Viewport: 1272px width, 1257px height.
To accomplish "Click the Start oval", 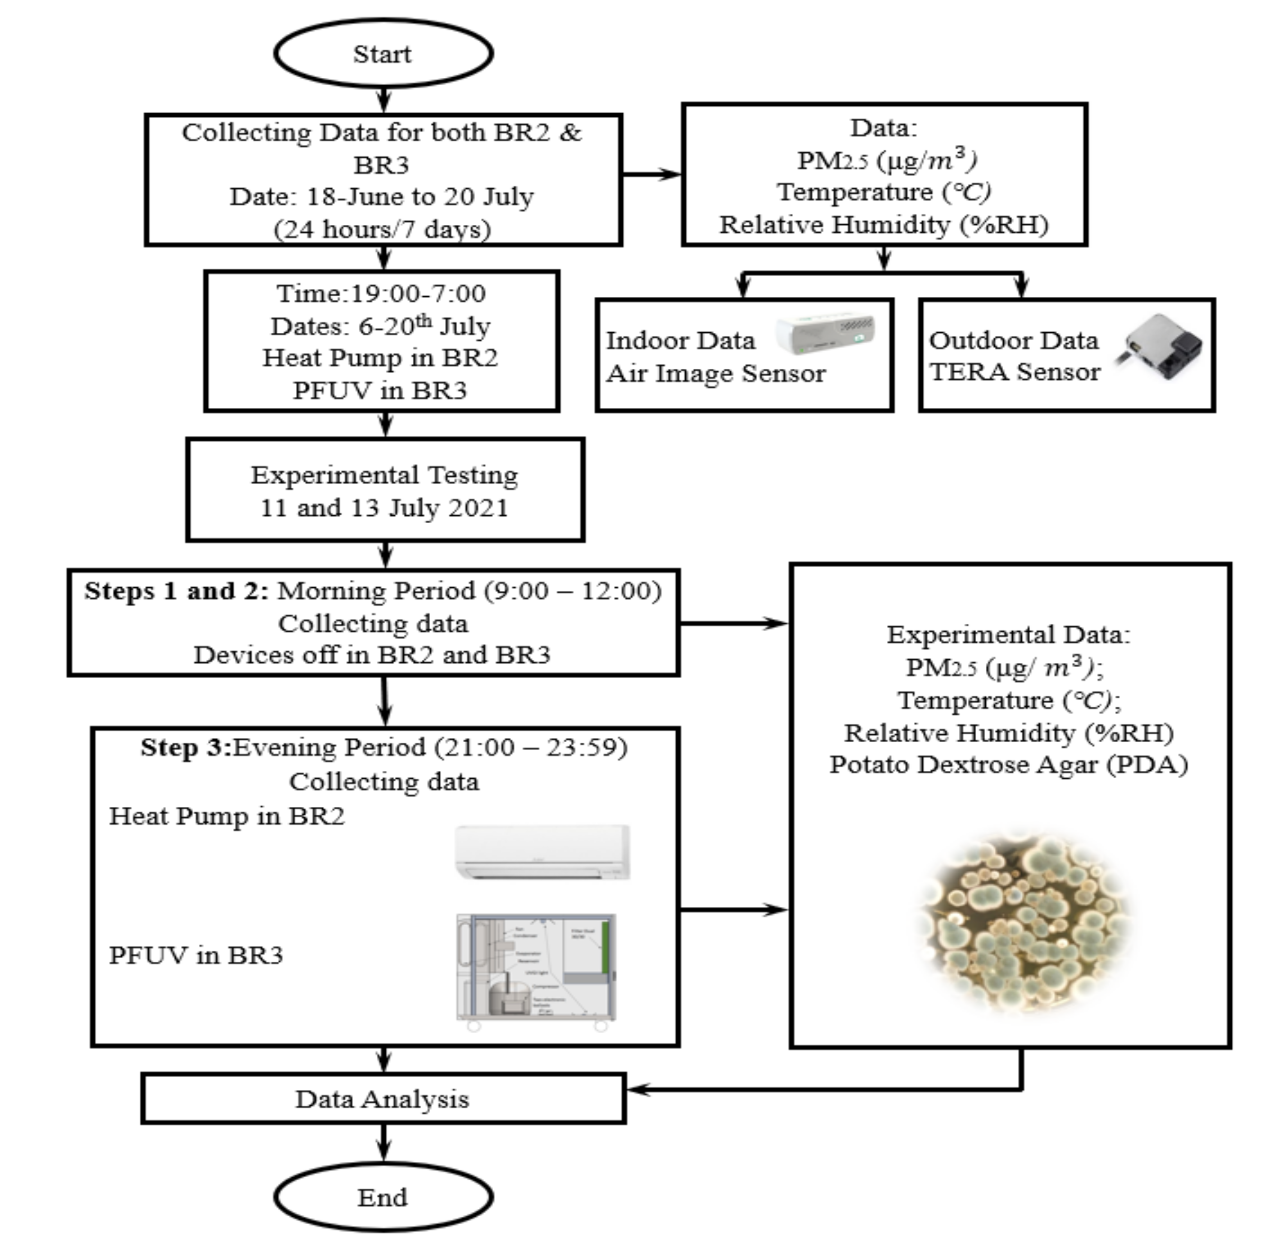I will coord(383,53).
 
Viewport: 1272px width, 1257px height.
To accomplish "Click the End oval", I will coord(383,1197).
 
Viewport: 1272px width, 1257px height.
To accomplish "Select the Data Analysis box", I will coord(383,1099).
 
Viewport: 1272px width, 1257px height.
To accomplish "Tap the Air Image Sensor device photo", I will coord(825,333).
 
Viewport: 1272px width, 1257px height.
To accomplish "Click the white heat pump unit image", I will coord(542,852).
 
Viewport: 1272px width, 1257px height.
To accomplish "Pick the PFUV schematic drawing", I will coord(536,968).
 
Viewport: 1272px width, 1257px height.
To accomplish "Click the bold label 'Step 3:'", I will coord(186,748).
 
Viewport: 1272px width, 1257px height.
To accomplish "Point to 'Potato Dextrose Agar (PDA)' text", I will coord(1008,765).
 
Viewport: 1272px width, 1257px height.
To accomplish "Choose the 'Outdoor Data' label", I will coord(1014,340).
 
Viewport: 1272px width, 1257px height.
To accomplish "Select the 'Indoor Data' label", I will coord(680,340).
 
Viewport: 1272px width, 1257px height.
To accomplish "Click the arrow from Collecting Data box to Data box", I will coord(651,175).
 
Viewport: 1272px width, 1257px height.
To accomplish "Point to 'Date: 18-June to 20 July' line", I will coord(382,197).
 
